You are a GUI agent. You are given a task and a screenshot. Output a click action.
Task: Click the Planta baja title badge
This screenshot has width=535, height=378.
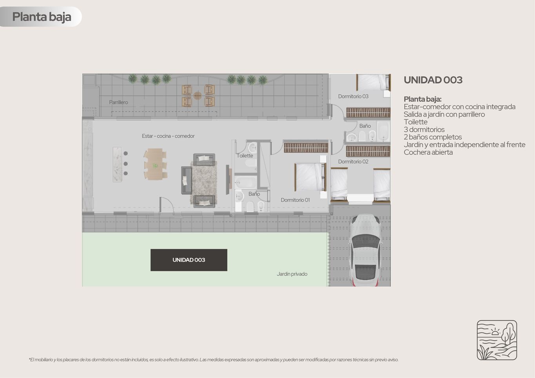point(41,17)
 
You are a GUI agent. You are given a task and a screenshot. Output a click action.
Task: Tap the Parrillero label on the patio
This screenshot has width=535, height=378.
point(118,102)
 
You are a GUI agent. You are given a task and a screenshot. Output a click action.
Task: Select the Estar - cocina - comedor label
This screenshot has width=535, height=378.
point(168,136)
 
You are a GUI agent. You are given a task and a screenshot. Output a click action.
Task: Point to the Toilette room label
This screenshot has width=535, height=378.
point(245,156)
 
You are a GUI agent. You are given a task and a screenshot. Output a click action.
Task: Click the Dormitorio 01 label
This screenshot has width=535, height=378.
point(295,200)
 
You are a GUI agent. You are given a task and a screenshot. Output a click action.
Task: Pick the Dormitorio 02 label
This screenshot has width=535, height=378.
point(353,161)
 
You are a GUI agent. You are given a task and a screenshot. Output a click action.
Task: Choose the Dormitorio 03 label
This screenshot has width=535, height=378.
point(353,96)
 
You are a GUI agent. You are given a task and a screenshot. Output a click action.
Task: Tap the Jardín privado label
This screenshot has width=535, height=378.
point(292,274)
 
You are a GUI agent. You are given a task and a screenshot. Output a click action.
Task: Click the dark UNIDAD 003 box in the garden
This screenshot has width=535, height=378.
point(189,260)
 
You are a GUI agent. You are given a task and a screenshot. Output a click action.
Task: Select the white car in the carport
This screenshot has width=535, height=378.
point(365,250)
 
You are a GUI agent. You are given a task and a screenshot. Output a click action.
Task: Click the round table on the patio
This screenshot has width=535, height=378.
point(197,96)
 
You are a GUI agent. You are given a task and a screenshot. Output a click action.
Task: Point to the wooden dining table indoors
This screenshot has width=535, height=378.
point(155,164)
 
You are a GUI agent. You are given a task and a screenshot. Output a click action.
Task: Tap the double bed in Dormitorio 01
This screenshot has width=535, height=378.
point(310,177)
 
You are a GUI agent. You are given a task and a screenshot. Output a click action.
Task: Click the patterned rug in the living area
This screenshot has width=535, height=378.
point(204,183)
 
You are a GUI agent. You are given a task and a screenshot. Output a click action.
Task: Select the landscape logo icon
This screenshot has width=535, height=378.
point(497,340)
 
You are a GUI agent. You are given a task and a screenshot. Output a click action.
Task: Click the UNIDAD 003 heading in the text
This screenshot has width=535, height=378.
point(433,80)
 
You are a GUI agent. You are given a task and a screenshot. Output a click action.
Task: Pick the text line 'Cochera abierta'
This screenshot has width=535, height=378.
point(428,152)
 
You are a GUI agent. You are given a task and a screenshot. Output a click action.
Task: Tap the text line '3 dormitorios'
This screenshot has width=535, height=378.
point(424,130)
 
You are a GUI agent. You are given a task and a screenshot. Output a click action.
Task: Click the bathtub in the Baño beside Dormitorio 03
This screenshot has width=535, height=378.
point(383,131)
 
